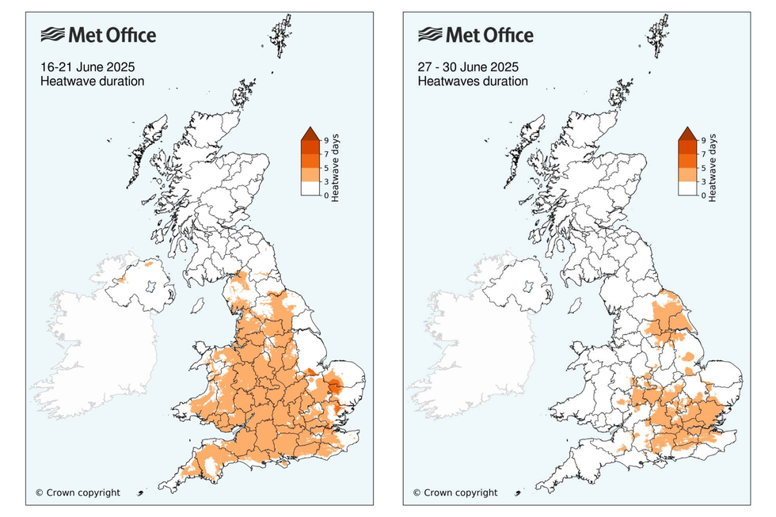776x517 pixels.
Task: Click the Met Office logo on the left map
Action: (98, 35)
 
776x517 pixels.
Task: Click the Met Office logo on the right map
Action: (475, 35)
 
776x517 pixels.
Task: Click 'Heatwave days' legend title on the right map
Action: (713, 168)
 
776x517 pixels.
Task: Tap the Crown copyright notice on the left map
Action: (78, 492)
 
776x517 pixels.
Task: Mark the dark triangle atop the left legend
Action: (310, 133)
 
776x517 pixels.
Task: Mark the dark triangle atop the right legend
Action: (687, 133)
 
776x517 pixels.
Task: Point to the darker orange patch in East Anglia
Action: (337, 387)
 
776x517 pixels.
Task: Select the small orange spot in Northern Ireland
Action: (121, 279)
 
